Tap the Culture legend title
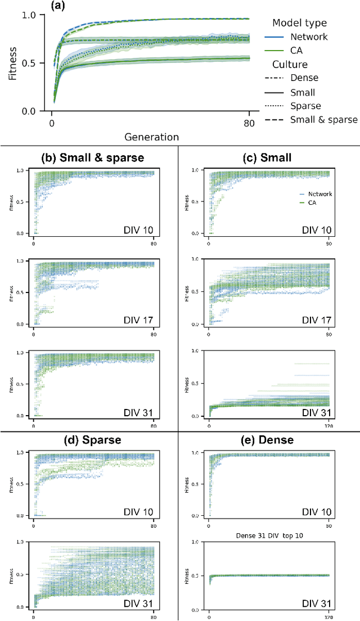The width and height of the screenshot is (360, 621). (295, 64)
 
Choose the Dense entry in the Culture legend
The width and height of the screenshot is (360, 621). (303, 78)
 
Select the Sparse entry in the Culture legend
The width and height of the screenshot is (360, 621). (305, 106)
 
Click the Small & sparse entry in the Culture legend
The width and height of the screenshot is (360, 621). (323, 120)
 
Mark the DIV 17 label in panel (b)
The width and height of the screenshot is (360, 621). (142, 319)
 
